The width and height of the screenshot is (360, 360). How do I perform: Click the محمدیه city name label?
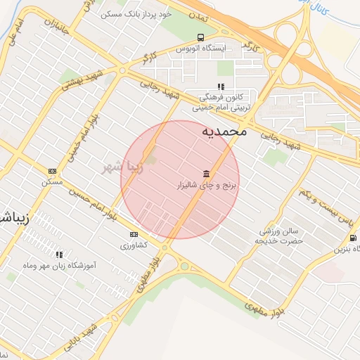click(224, 131)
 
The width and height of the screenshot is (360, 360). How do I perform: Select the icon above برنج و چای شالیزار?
click(206, 174)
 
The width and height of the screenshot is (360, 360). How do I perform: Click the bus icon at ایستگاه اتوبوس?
click(202, 37)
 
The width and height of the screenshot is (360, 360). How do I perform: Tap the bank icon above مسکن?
click(52, 171)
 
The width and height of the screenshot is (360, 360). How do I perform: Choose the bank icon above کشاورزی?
click(134, 235)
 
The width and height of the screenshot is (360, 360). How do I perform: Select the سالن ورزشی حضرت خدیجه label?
click(280, 236)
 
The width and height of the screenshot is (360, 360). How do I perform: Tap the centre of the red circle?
click(180, 179)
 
